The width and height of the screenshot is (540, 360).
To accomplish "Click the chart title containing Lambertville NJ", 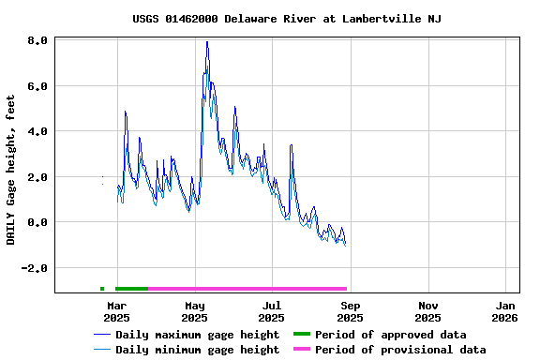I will (x=287, y=19).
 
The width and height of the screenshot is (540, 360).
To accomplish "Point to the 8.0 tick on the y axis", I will (x=37, y=41).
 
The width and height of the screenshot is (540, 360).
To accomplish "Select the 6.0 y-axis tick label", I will (x=37, y=86).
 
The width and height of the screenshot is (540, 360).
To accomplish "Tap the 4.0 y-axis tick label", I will (x=37, y=132).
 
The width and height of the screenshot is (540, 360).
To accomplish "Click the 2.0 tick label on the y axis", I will (x=37, y=177).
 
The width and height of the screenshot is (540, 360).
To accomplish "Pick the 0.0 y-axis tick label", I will (x=37, y=223).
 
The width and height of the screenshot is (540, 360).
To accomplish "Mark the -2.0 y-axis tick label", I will (x=35, y=268).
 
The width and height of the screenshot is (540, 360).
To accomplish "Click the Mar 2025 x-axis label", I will (x=116, y=311).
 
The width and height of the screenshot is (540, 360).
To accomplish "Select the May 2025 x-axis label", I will (x=194, y=311).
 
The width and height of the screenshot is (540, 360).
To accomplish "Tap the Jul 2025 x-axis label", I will (x=272, y=311).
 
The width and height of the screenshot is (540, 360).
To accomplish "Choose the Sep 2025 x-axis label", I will (x=350, y=311).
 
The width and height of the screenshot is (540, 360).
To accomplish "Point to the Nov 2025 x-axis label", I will (x=427, y=311).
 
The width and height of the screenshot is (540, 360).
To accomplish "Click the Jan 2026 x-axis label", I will (x=505, y=311).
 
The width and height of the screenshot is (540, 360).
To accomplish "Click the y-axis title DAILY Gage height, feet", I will (x=11, y=170).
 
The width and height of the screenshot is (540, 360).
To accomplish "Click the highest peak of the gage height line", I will (x=206, y=42).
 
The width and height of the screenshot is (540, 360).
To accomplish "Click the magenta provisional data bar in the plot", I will (x=247, y=289).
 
